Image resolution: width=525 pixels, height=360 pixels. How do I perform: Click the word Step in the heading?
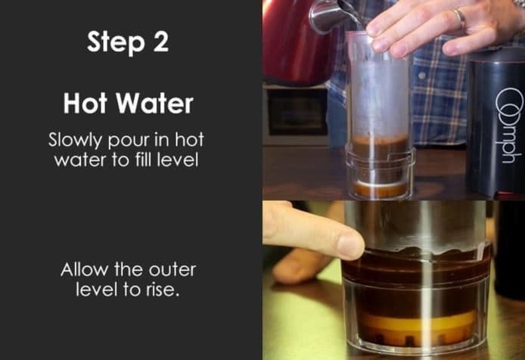115,42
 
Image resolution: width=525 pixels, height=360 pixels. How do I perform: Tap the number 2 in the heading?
160,41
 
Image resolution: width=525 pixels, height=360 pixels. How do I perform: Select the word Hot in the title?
85,104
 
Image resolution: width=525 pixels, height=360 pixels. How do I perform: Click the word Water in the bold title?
154,104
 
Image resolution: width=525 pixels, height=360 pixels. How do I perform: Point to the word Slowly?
75,140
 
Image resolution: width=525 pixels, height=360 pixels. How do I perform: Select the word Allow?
85,269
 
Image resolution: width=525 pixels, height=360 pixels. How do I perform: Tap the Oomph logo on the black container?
509,126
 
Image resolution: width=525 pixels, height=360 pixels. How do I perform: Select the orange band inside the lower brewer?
418,322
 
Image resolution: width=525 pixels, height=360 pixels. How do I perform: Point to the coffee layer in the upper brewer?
381,146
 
